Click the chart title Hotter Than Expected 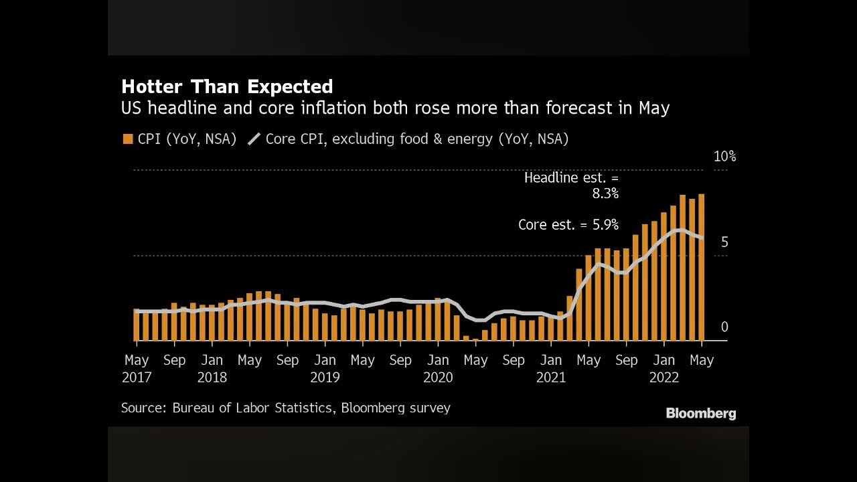227,86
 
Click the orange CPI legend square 128,139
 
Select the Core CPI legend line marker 254,139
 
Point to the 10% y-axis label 724,157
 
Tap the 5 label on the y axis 724,242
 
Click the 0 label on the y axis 724,327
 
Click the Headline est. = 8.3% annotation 572,185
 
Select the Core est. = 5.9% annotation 568,225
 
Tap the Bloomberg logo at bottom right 701,414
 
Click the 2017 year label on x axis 137,378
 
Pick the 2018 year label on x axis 212,378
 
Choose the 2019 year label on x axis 325,378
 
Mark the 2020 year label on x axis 438,378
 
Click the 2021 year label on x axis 551,378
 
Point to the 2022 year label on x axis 664,378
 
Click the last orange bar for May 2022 702,268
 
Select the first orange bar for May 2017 137,325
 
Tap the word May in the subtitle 654,108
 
